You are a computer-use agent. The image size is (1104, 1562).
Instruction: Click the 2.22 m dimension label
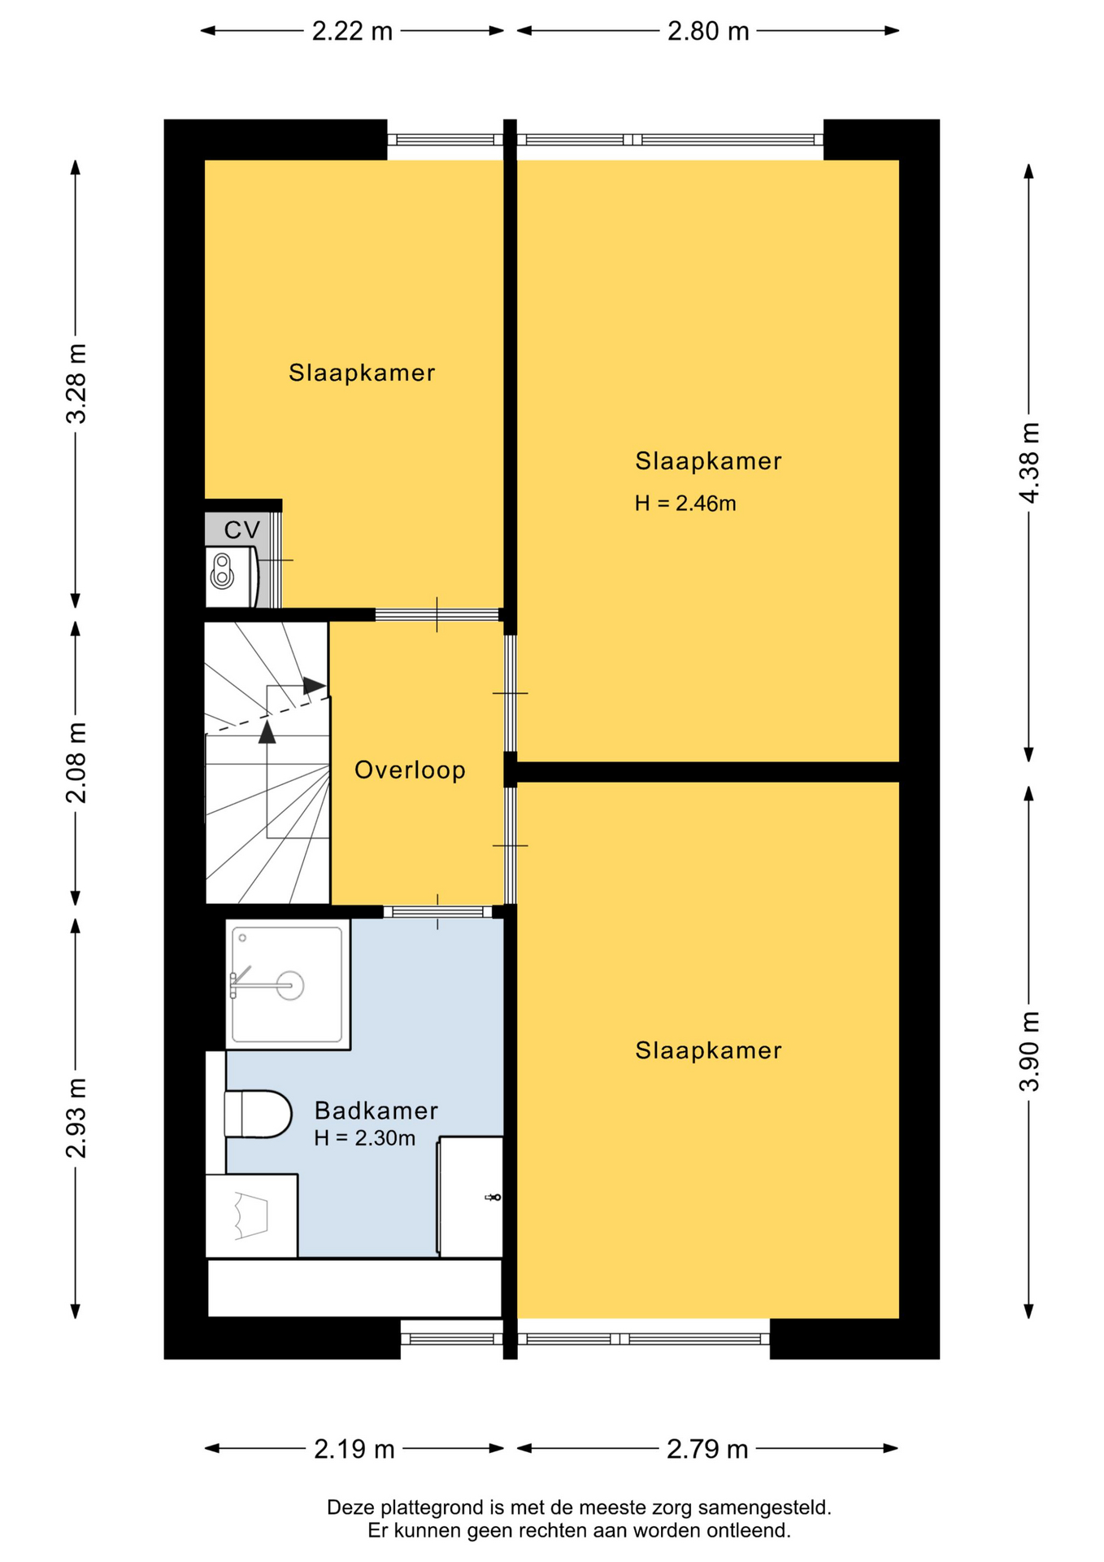click(x=352, y=31)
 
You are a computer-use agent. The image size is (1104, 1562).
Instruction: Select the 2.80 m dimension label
click(x=708, y=31)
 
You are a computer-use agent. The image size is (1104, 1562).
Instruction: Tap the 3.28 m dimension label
click(x=76, y=383)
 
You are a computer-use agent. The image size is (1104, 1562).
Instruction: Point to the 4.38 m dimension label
click(x=1029, y=463)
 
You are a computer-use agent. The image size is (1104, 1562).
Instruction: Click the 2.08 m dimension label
click(x=76, y=762)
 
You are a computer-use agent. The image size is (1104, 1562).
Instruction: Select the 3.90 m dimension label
click(x=1029, y=1051)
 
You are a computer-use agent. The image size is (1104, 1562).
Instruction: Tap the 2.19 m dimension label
click(x=354, y=1449)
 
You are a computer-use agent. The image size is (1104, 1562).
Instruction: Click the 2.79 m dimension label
click(x=707, y=1449)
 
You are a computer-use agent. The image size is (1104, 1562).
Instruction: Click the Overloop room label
click(x=410, y=770)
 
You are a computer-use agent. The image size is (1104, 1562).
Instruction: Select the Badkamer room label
click(x=376, y=1110)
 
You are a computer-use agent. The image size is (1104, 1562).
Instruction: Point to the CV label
click(x=242, y=530)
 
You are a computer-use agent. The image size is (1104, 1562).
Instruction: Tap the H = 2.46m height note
click(x=685, y=504)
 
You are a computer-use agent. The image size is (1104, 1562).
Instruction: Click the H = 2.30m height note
click(x=365, y=1138)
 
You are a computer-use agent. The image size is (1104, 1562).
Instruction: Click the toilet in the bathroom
click(x=258, y=1114)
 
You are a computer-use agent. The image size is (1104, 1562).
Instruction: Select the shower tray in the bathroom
click(x=288, y=984)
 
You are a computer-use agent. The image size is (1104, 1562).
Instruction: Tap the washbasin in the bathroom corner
click(x=251, y=1215)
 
